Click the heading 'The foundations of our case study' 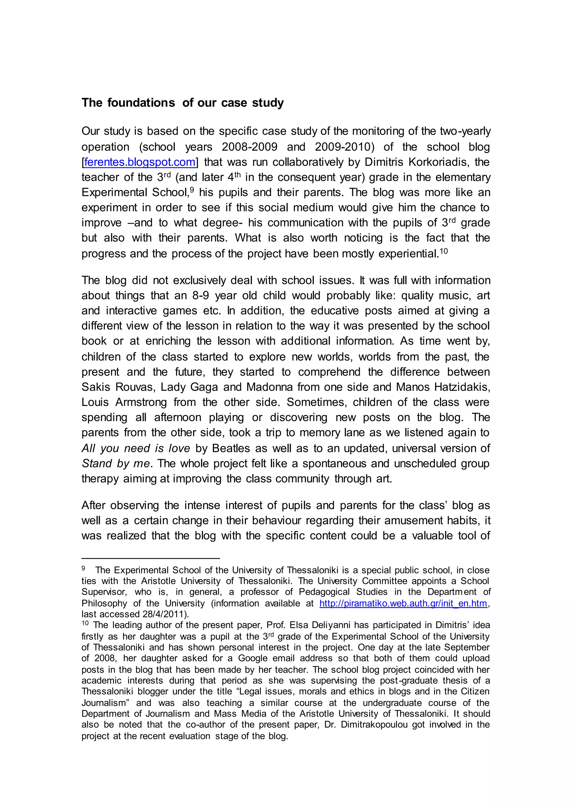[182, 103]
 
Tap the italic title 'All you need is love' [136, 448]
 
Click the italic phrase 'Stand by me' [116, 463]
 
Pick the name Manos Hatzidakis [443, 387]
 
